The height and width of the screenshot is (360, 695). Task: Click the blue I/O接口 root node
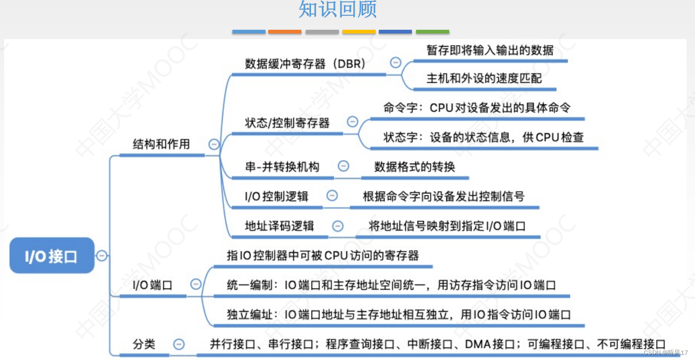click(52, 255)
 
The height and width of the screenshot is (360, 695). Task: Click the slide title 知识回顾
click(338, 9)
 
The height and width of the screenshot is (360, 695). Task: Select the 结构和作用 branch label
click(161, 144)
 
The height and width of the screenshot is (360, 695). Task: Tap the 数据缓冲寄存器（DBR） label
click(305, 64)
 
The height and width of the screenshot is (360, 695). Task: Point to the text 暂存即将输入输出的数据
click(490, 50)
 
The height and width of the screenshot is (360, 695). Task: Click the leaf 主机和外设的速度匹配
click(484, 78)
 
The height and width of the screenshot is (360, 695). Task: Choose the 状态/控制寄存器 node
click(287, 123)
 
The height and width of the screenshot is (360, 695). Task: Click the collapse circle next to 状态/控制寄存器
click(353, 122)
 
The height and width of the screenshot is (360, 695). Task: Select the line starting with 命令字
click(477, 108)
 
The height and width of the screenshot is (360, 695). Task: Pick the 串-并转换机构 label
click(282, 167)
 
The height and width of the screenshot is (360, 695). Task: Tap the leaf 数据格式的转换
click(415, 167)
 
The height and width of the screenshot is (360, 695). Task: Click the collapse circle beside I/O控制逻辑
click(332, 196)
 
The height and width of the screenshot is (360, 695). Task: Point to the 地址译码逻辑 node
click(279, 226)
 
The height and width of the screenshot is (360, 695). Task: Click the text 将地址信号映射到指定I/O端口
click(447, 226)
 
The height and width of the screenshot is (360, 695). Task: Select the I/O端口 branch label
click(152, 285)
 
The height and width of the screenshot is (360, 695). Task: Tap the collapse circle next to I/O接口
click(101, 255)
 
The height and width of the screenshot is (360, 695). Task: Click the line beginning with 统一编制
click(391, 285)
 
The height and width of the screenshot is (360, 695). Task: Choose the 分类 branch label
click(144, 344)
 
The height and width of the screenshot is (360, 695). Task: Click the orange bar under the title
click(285, 32)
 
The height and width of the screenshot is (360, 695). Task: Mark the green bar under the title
click(432, 32)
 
